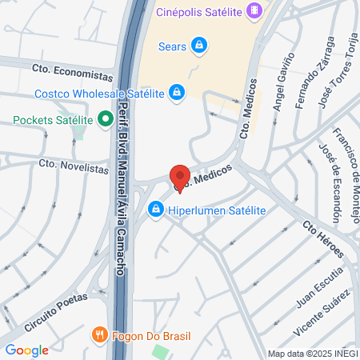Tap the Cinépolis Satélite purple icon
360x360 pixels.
coord(254,10)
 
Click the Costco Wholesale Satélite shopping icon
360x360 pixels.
coord(176,93)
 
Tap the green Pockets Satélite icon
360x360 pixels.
coord(105,121)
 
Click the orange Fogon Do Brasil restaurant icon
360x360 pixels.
coord(99,334)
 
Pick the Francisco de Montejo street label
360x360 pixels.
coord(346,159)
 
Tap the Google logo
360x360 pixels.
coord(26,350)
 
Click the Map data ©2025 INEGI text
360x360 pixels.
coord(311,354)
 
